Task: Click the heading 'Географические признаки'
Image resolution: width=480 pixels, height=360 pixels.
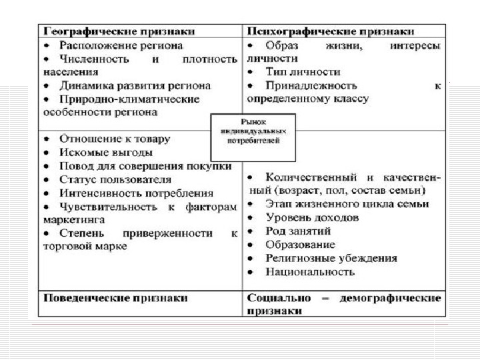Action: tap(119, 31)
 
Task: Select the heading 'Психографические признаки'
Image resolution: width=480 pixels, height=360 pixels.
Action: tap(331, 31)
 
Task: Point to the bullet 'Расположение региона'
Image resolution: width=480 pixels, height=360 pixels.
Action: tap(121, 45)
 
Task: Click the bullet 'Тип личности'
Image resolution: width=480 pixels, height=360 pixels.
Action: tap(303, 72)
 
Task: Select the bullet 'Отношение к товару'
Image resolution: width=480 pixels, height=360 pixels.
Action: tap(115, 139)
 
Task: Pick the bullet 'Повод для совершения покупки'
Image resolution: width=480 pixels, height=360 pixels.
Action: tap(145, 166)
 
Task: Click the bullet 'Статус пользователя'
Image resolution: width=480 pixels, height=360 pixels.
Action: tap(115, 179)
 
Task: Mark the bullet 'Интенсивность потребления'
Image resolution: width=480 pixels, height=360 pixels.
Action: tap(137, 193)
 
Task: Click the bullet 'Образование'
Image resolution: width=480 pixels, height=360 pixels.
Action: tap(300, 245)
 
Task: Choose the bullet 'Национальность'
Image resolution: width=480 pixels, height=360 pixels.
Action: tap(310, 272)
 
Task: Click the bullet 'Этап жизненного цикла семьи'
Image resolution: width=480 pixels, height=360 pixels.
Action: tap(347, 204)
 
